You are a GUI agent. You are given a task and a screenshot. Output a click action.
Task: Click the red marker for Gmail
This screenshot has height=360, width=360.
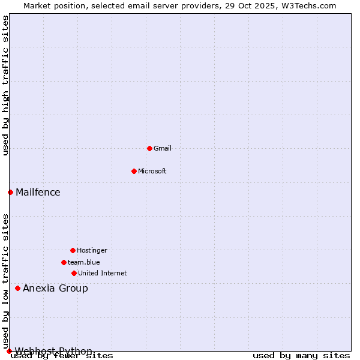click(149, 148)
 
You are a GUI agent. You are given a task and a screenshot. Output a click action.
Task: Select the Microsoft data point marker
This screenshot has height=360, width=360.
click(134, 171)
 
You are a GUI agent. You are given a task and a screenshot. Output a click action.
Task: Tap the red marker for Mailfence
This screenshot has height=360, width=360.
click(10, 192)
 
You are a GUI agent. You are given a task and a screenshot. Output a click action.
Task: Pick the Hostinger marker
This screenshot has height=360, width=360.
click(73, 250)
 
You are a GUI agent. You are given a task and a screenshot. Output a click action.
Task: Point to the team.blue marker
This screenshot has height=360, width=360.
click(64, 262)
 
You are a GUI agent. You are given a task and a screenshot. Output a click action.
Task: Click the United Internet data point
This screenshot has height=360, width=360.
click(74, 273)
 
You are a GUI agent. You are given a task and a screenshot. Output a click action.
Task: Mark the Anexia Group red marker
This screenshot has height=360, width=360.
click(17, 288)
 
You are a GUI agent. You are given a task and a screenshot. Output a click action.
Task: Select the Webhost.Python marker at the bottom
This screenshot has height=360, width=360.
click(9, 351)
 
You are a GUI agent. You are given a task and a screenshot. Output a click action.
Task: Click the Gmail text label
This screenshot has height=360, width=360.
click(163, 148)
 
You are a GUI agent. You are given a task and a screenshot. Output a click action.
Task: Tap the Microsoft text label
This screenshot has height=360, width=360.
click(152, 171)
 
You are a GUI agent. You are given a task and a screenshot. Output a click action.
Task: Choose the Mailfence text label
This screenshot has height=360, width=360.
click(38, 192)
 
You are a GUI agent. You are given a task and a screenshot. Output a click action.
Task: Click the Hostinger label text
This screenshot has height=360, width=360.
click(92, 250)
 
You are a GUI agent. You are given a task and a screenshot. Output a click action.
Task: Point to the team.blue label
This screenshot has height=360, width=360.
click(84, 262)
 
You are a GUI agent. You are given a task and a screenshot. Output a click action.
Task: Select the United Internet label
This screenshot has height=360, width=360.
click(103, 273)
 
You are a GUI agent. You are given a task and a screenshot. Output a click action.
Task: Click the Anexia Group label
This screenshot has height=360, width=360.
click(55, 288)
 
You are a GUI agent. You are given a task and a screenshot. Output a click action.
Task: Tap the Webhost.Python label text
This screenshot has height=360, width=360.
click(53, 351)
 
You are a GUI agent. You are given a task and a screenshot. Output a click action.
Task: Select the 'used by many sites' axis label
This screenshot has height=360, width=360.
click(301, 356)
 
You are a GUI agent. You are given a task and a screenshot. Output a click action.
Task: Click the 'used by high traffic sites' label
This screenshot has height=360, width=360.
click(5, 85)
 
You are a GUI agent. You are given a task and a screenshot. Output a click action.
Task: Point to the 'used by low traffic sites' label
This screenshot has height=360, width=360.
click(5, 281)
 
